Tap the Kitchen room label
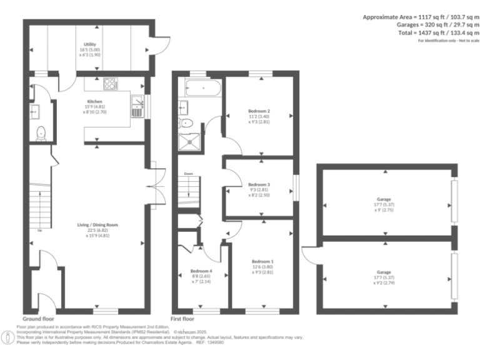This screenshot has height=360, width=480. click(x=95, y=101)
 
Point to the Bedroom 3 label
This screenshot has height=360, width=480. click(x=259, y=185)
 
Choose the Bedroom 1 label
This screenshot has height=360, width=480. click(x=262, y=261)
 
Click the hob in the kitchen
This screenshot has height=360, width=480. click(x=111, y=82)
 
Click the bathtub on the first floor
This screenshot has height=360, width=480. click(x=200, y=88)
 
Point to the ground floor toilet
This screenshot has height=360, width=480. click(x=41, y=132)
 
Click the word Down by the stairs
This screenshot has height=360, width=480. click(x=187, y=174)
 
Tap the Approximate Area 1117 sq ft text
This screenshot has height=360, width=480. click(x=421, y=17)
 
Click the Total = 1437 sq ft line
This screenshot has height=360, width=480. click(x=438, y=32)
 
